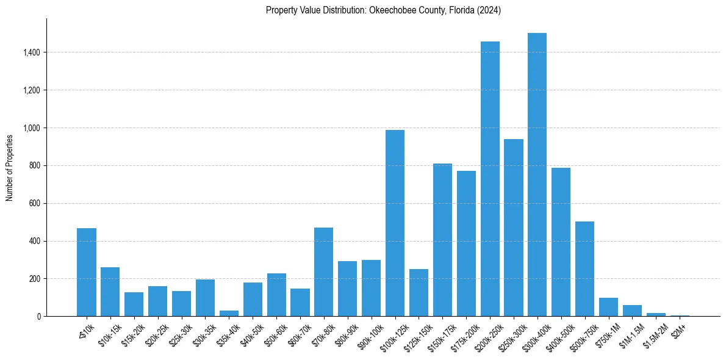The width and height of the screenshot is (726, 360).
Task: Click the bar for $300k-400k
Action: tap(537, 175)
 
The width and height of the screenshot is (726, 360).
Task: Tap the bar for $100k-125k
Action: tap(395, 223)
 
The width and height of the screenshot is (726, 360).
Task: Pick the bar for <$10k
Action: tap(86, 272)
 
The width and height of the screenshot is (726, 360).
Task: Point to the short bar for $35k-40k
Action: tap(229, 313)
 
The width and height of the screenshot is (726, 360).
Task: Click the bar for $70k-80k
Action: tap(323, 272)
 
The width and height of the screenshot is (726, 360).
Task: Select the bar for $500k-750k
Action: tap(584, 268)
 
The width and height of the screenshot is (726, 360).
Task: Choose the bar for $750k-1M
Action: tap(608, 307)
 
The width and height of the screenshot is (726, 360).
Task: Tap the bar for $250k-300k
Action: tap(514, 228)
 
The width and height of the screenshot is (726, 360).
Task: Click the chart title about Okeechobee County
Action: tap(383, 10)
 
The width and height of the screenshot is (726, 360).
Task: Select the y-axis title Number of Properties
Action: tap(10, 167)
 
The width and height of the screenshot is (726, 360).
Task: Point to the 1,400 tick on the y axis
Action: tap(31, 52)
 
